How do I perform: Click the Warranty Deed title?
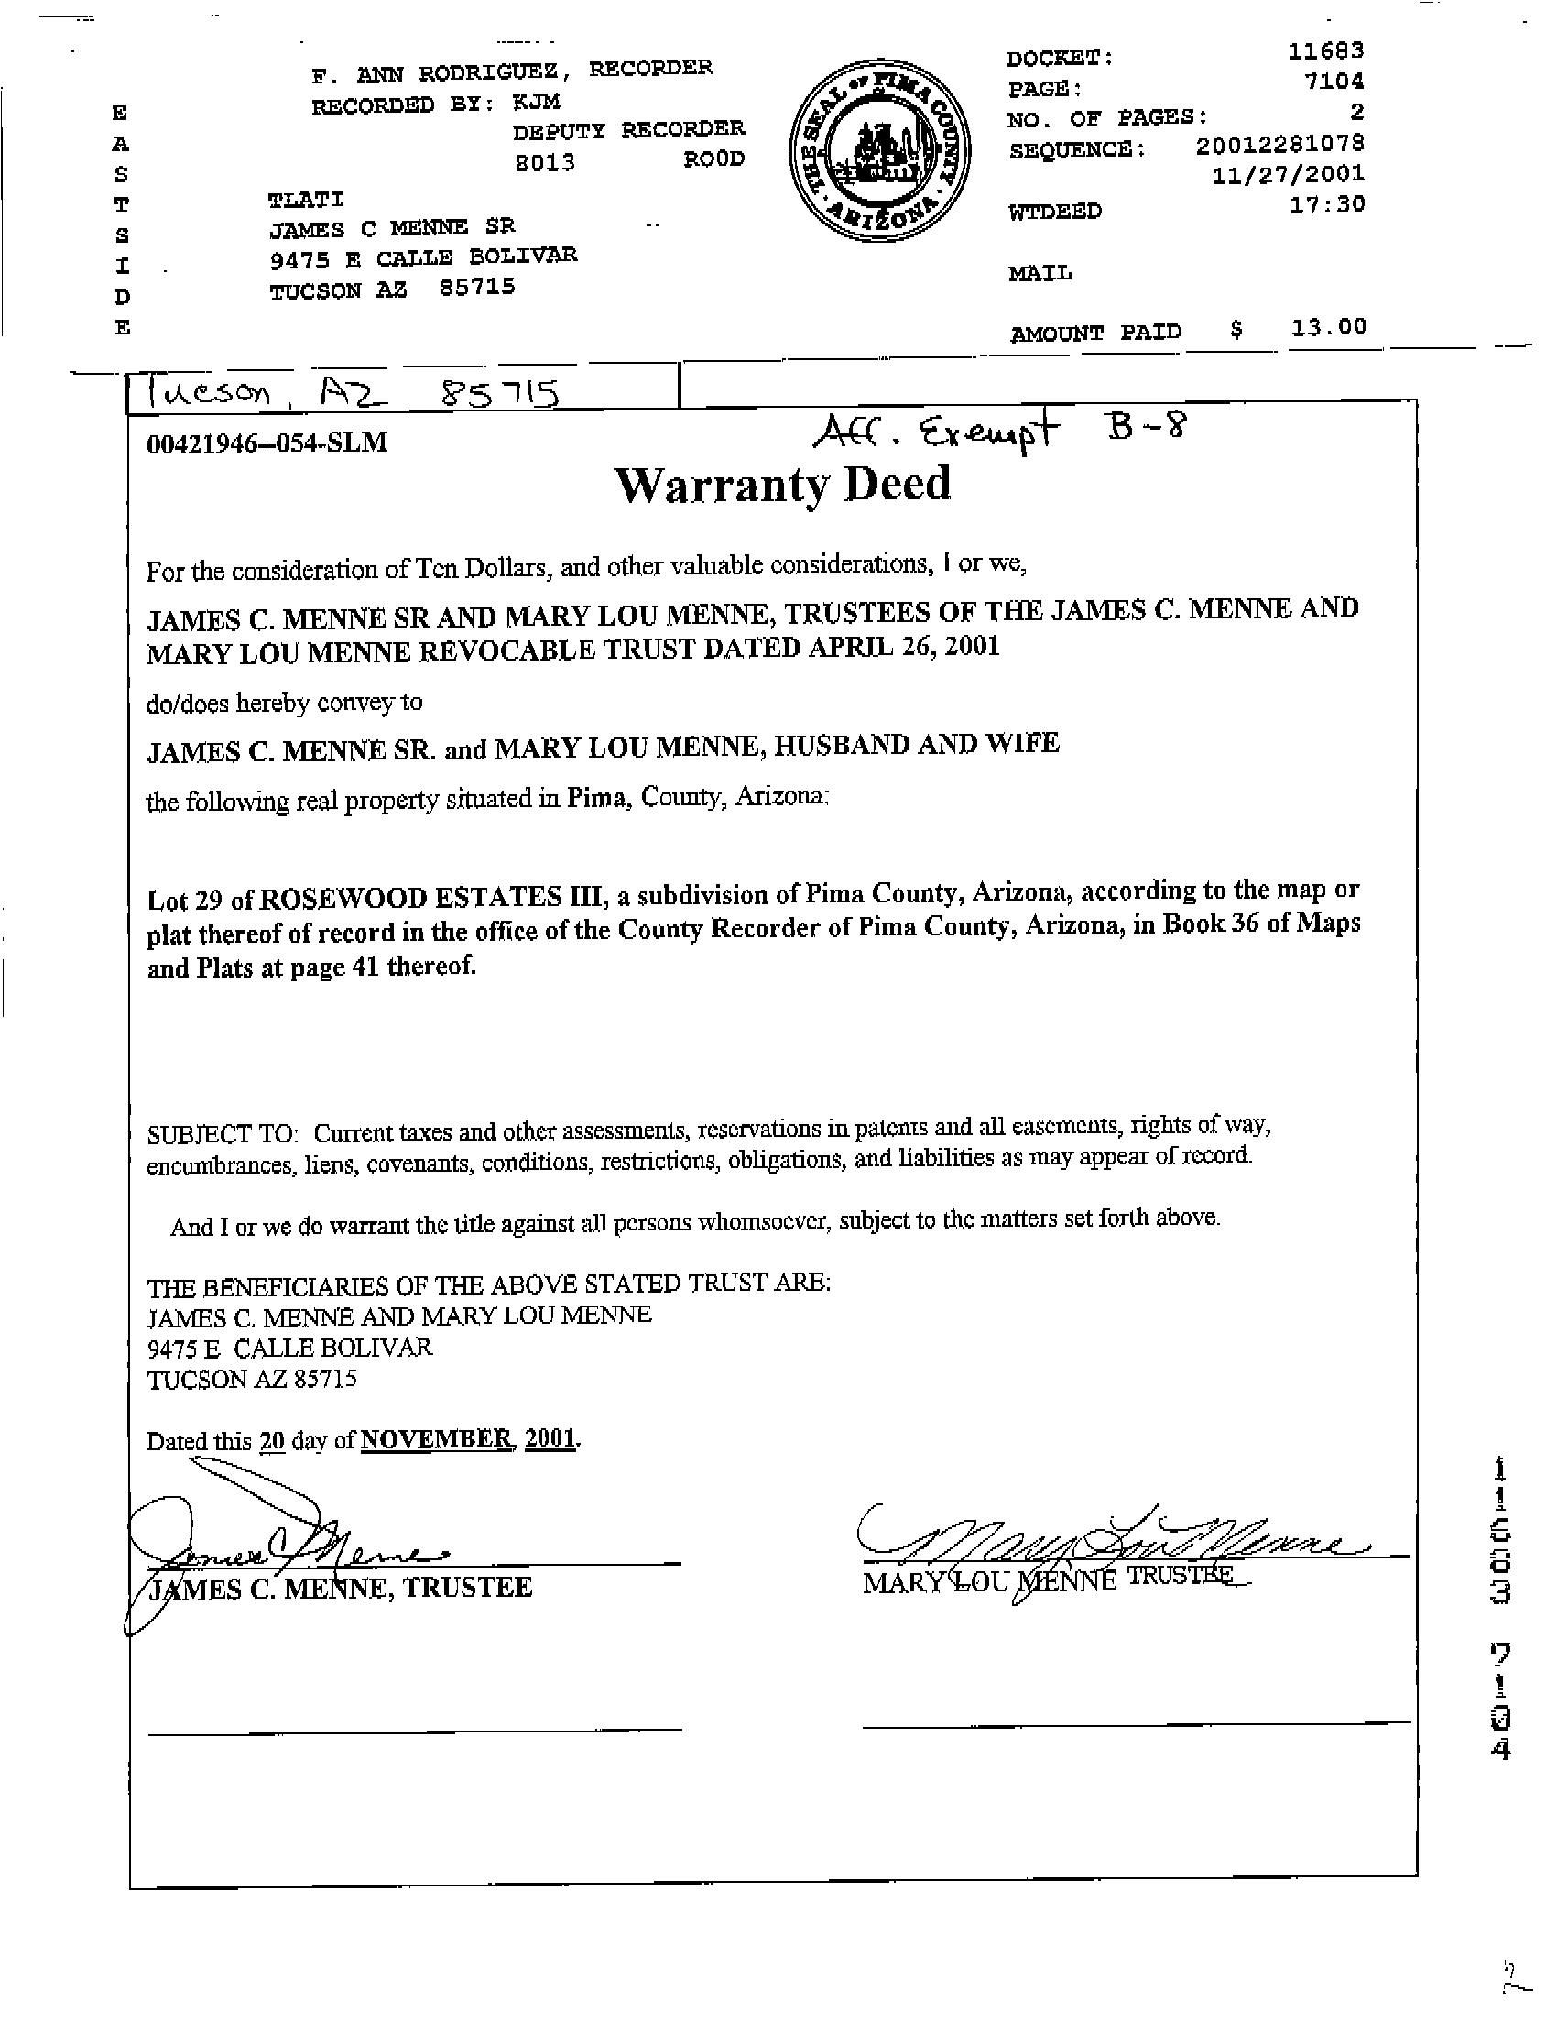[782, 485]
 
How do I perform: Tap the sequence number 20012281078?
[1280, 145]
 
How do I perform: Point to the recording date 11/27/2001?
[1289, 175]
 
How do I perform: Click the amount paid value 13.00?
[1328, 327]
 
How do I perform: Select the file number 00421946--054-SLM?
[267, 443]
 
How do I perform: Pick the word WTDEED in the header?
[1054, 212]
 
